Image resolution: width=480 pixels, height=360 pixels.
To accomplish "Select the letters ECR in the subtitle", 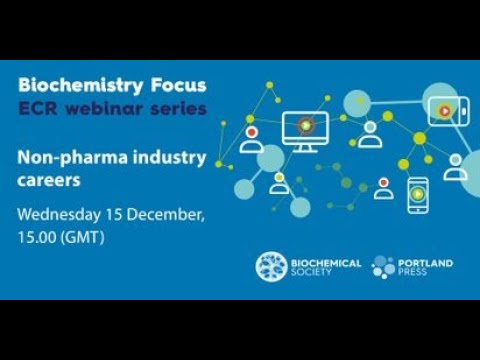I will (41, 107).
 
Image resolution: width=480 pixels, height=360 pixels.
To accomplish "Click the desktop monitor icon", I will (305, 128).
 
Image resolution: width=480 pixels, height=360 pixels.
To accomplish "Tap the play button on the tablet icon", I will (440, 105).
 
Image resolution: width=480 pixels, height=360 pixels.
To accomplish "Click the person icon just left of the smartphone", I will (384, 187).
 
